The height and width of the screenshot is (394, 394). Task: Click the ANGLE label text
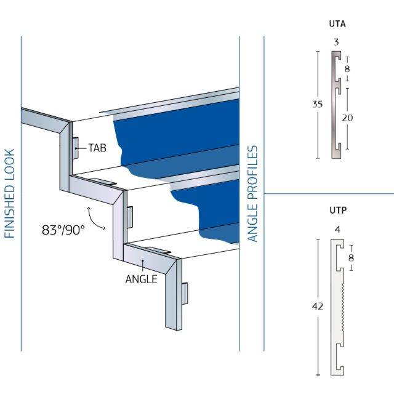point(141,279)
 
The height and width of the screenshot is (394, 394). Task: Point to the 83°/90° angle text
point(63,230)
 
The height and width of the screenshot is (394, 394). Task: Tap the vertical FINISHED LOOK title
point(9,193)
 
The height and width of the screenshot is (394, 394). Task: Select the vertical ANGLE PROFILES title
point(252,194)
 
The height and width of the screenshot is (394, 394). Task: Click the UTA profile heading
point(337,25)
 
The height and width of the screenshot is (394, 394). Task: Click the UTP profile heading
point(338,211)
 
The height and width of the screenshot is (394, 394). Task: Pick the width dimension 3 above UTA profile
point(336,42)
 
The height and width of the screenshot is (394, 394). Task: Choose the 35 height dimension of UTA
point(317,104)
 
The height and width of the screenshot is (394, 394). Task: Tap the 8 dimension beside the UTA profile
point(347,68)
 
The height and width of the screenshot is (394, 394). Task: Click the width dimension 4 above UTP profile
point(337,230)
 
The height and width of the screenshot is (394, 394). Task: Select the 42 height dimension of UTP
point(318,305)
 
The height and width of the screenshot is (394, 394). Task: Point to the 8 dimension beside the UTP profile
point(350,257)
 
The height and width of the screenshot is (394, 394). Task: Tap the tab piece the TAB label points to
point(75,148)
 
